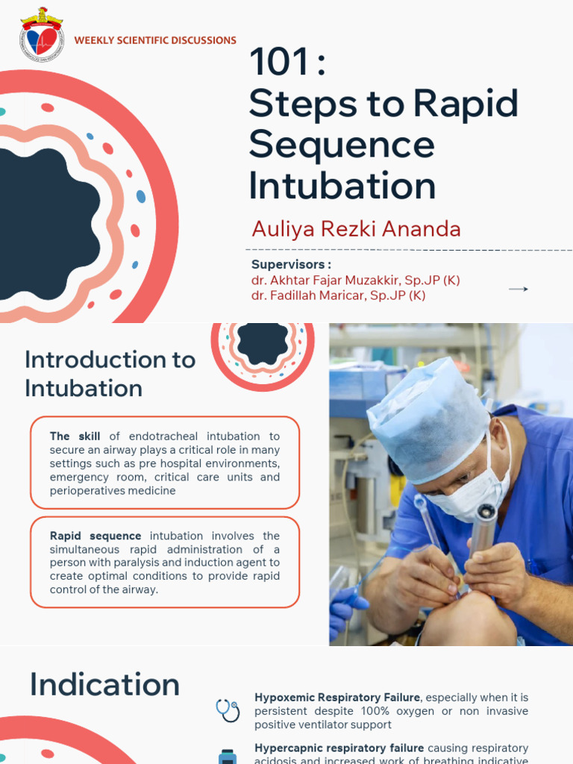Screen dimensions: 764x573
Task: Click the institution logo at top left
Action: pyautogui.click(x=42, y=34)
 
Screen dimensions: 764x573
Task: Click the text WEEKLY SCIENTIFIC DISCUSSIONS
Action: pyautogui.click(x=155, y=40)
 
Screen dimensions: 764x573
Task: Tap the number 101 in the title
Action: pyautogui.click(x=279, y=63)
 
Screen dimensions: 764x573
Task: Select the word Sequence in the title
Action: pyautogui.click(x=342, y=144)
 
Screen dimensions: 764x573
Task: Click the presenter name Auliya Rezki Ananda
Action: pyautogui.click(x=356, y=228)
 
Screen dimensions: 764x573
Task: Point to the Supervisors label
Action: pyautogui.click(x=291, y=264)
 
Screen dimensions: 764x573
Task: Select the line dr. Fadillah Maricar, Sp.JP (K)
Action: pyautogui.click(x=338, y=295)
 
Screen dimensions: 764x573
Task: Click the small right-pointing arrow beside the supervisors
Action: pyautogui.click(x=518, y=289)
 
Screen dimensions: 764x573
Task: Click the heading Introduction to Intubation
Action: pyautogui.click(x=110, y=374)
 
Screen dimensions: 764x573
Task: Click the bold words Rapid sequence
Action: pyautogui.click(x=95, y=536)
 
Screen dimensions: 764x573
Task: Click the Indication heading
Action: pyautogui.click(x=104, y=685)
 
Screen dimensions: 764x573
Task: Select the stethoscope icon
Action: pyautogui.click(x=228, y=710)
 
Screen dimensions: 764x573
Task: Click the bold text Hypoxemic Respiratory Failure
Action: pyautogui.click(x=337, y=698)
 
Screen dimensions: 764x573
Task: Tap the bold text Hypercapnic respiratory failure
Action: pyautogui.click(x=339, y=748)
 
